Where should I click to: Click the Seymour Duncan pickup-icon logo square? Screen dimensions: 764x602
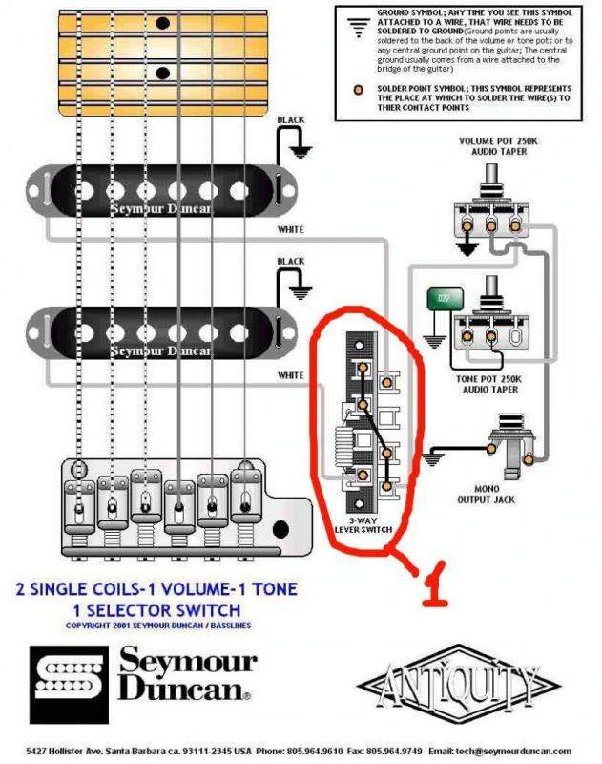click(68, 679)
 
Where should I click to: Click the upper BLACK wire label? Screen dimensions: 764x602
click(291, 120)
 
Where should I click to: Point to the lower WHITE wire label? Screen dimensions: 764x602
click(290, 375)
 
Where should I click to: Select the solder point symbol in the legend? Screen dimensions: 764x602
click(358, 90)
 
